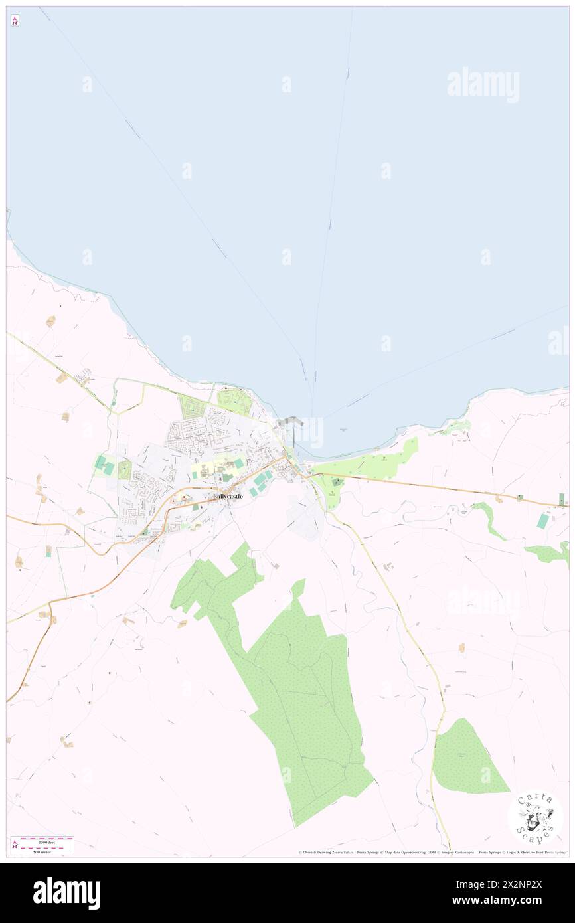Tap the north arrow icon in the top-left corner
tap(15, 21)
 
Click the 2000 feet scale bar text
tap(46, 842)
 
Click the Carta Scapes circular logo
tap(535, 816)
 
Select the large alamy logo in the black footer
tap(66, 893)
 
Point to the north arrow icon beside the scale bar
tap(15, 845)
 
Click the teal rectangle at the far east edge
tap(544, 521)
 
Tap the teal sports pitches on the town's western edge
tap(104, 465)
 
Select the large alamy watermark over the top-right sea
tap(483, 84)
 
